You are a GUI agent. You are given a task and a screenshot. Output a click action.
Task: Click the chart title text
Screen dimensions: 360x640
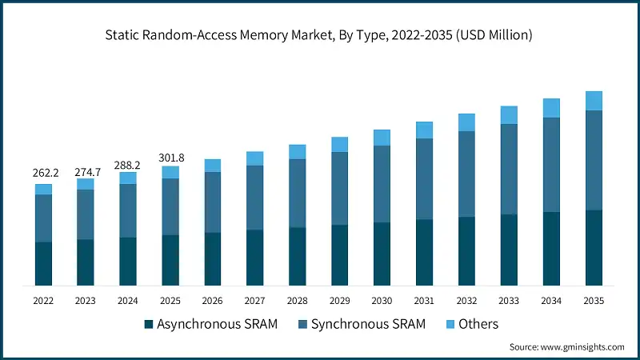click(320, 35)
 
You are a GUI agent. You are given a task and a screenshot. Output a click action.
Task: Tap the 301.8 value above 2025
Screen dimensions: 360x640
click(170, 157)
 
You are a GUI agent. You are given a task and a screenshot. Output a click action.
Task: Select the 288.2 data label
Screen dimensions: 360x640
click(128, 165)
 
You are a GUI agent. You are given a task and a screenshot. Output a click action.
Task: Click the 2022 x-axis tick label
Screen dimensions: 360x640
click(43, 300)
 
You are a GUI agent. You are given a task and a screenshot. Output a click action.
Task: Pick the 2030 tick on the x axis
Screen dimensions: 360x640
click(382, 300)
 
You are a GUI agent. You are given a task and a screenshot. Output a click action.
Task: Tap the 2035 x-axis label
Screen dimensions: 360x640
click(593, 300)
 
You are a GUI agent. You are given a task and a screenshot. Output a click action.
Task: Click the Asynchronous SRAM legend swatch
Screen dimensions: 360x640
click(148, 325)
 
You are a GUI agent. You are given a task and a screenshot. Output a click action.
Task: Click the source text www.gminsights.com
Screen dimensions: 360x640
click(566, 347)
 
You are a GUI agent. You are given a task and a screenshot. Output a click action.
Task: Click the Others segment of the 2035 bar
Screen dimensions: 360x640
click(593, 101)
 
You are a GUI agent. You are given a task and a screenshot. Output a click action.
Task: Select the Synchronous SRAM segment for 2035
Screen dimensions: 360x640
click(593, 160)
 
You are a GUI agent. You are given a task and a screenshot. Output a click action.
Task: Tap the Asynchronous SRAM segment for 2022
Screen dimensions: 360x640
click(43, 263)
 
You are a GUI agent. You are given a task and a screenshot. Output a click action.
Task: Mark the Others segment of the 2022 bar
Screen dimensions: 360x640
click(43, 189)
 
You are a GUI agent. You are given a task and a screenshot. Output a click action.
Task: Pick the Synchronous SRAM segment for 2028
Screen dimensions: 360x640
click(297, 193)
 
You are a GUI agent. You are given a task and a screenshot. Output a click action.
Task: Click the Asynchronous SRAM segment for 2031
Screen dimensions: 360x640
click(424, 252)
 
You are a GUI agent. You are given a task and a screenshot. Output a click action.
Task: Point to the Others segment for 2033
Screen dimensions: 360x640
click(509, 115)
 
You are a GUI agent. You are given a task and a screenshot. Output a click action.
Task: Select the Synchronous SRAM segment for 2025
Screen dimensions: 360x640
click(170, 206)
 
